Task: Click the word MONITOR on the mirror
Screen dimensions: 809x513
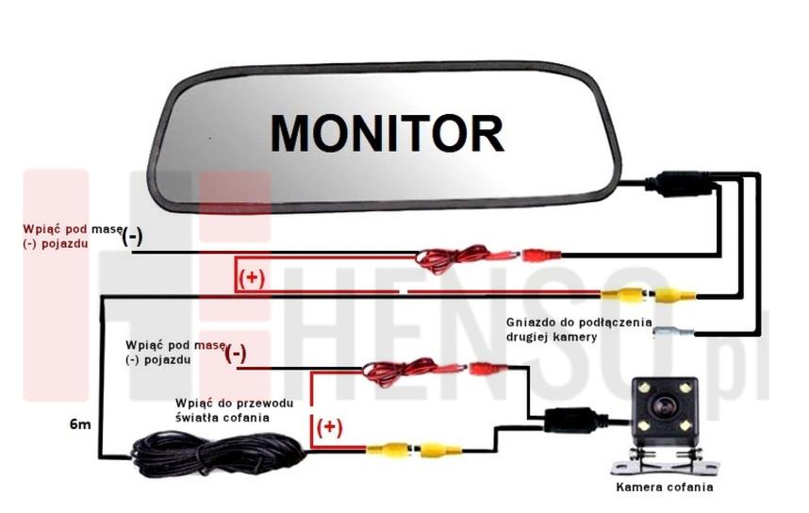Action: [387, 133]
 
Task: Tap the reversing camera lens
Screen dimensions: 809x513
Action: [665, 406]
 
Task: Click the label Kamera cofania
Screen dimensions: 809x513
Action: [665, 487]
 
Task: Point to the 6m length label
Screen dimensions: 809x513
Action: [80, 424]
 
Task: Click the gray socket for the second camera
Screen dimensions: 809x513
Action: [674, 332]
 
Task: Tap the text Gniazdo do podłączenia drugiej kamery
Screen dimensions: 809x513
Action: [579, 329]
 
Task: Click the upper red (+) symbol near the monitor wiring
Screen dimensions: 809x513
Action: [252, 278]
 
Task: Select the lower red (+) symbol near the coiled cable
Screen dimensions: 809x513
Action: [329, 427]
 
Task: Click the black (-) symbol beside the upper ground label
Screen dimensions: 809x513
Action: [132, 237]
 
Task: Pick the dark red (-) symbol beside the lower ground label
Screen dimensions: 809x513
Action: [236, 354]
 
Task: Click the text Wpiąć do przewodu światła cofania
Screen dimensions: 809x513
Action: [234, 410]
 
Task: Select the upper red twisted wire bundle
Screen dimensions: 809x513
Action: [452, 258]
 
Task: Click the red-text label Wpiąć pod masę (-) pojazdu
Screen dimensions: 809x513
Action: [73, 236]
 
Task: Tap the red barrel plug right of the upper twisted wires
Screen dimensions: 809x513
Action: [542, 255]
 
